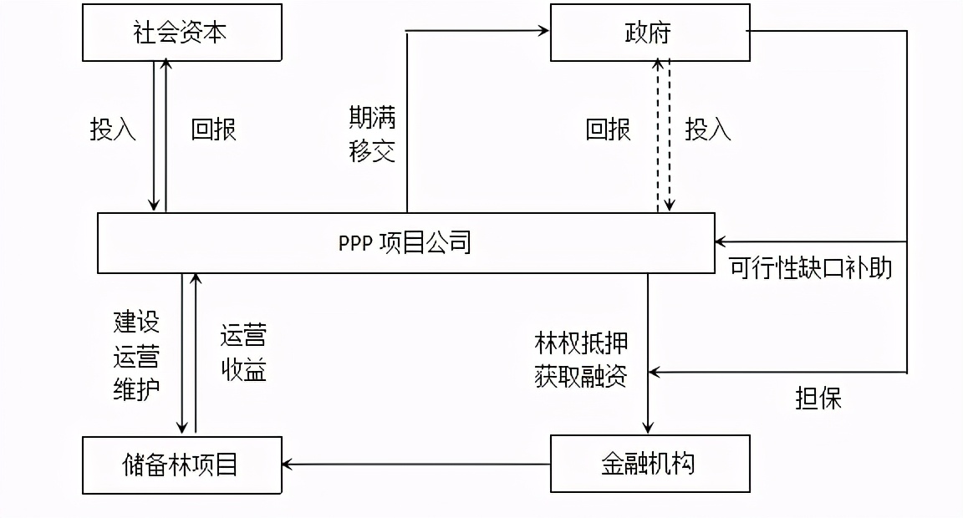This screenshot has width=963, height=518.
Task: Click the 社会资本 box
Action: (181, 33)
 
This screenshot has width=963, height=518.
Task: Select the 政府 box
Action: (650, 33)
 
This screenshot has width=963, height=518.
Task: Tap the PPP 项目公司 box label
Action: (405, 242)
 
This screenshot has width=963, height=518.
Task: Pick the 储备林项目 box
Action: (181, 464)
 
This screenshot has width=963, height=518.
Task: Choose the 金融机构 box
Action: (650, 464)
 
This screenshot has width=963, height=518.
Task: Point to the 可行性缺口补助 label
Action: (810, 267)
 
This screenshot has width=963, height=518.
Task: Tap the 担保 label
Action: (818, 398)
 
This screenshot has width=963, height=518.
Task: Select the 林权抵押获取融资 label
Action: (581, 360)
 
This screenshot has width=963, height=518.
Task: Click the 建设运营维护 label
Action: (136, 356)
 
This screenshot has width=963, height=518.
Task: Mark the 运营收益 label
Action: (243, 353)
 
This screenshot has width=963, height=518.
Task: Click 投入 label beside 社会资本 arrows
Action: (113, 129)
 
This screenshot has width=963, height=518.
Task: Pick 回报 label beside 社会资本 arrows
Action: (214, 129)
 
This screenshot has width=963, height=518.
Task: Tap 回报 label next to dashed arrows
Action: (608, 129)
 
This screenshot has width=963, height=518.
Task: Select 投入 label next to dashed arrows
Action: (708, 129)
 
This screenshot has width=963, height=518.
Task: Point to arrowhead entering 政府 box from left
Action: (544, 31)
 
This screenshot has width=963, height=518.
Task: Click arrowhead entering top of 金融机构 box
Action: (648, 429)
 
